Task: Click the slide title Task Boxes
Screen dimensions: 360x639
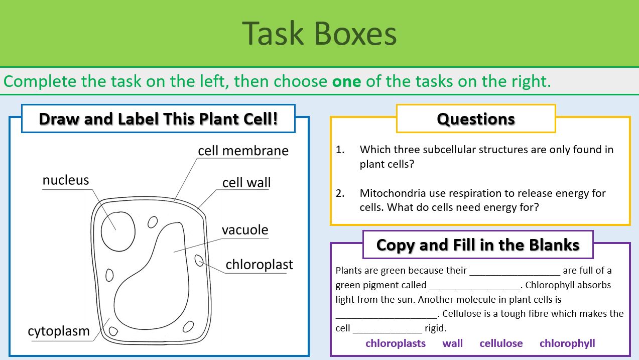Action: [319, 34]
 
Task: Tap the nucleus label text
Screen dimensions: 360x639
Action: [66, 180]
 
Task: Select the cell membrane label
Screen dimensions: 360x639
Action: [243, 151]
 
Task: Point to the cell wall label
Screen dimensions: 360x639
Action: [246, 182]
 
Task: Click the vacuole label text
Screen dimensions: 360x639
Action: [245, 230]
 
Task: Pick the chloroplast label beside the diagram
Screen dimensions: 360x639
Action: [259, 264]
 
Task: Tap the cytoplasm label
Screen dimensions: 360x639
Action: [59, 331]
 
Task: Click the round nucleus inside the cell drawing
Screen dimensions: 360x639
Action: [118, 229]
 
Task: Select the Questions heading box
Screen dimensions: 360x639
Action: [476, 119]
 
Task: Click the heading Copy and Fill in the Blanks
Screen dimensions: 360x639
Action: [477, 245]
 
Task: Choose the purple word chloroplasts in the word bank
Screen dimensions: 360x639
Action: [396, 343]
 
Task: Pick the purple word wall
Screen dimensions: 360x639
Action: [452, 343]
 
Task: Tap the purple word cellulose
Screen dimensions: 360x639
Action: [501, 343]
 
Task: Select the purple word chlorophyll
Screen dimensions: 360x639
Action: [567, 343]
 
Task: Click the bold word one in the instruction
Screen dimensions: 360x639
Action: [346, 81]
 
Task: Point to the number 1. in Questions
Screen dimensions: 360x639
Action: [340, 150]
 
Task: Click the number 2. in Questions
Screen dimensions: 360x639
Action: [340, 193]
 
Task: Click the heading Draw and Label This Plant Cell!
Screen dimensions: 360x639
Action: [158, 119]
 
